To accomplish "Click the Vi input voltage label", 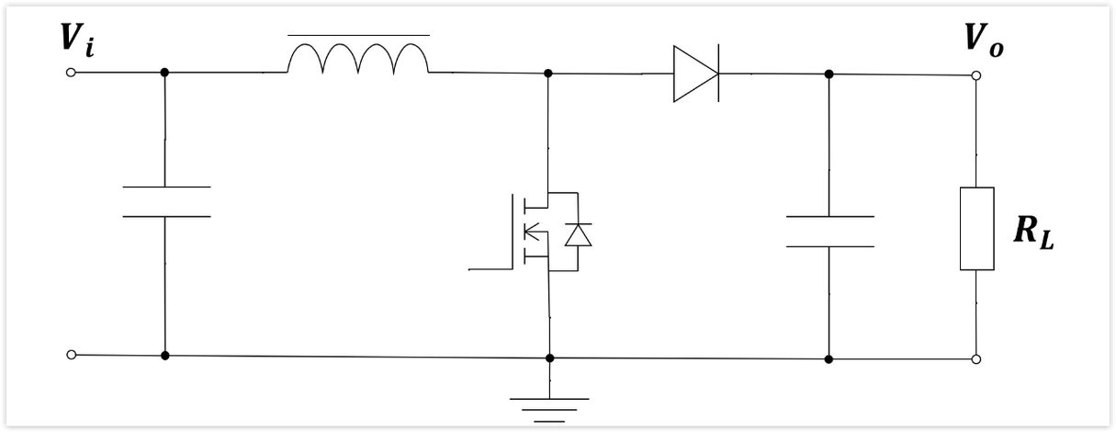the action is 77,40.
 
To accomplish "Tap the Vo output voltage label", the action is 984,40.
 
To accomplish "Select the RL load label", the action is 1034,233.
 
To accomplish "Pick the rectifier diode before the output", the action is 696,74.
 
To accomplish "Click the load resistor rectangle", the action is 977,229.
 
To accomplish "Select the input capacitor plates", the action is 166,202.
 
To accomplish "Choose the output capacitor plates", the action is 830,232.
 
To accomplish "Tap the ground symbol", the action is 549,410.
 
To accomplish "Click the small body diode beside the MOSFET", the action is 579,235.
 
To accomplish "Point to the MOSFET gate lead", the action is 490,269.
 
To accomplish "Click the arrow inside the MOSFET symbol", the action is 531,232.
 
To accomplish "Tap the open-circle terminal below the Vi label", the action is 71,73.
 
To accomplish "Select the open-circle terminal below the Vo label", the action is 976,75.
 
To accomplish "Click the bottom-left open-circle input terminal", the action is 72,355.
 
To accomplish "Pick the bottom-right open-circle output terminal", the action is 976,359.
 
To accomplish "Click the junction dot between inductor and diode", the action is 548,74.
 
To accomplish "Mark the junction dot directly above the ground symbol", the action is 549,358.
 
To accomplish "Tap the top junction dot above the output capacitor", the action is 829,74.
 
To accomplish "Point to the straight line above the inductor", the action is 359,35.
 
